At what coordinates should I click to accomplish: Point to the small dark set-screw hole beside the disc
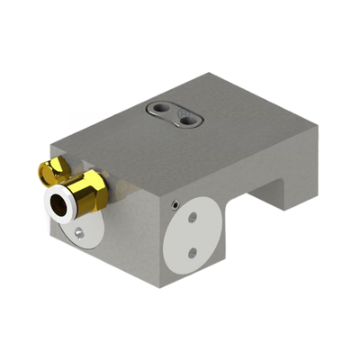(x=173, y=205)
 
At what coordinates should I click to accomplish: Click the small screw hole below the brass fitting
(x=80, y=233)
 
